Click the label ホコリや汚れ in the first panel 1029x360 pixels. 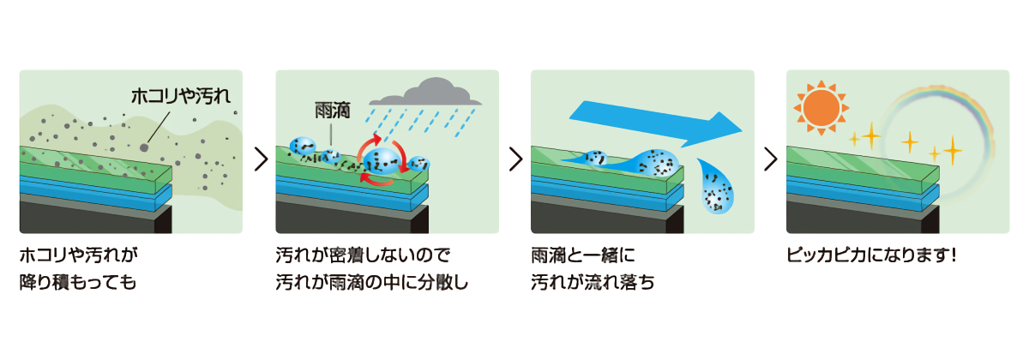(x=181, y=96)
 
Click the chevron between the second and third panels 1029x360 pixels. (x=515, y=159)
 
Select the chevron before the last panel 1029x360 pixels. (x=771, y=159)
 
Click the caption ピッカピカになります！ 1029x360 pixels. (x=870, y=256)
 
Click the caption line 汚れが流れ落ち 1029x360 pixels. (x=593, y=282)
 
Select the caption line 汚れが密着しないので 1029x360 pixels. (x=363, y=256)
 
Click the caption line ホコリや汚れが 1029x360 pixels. (x=78, y=256)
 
